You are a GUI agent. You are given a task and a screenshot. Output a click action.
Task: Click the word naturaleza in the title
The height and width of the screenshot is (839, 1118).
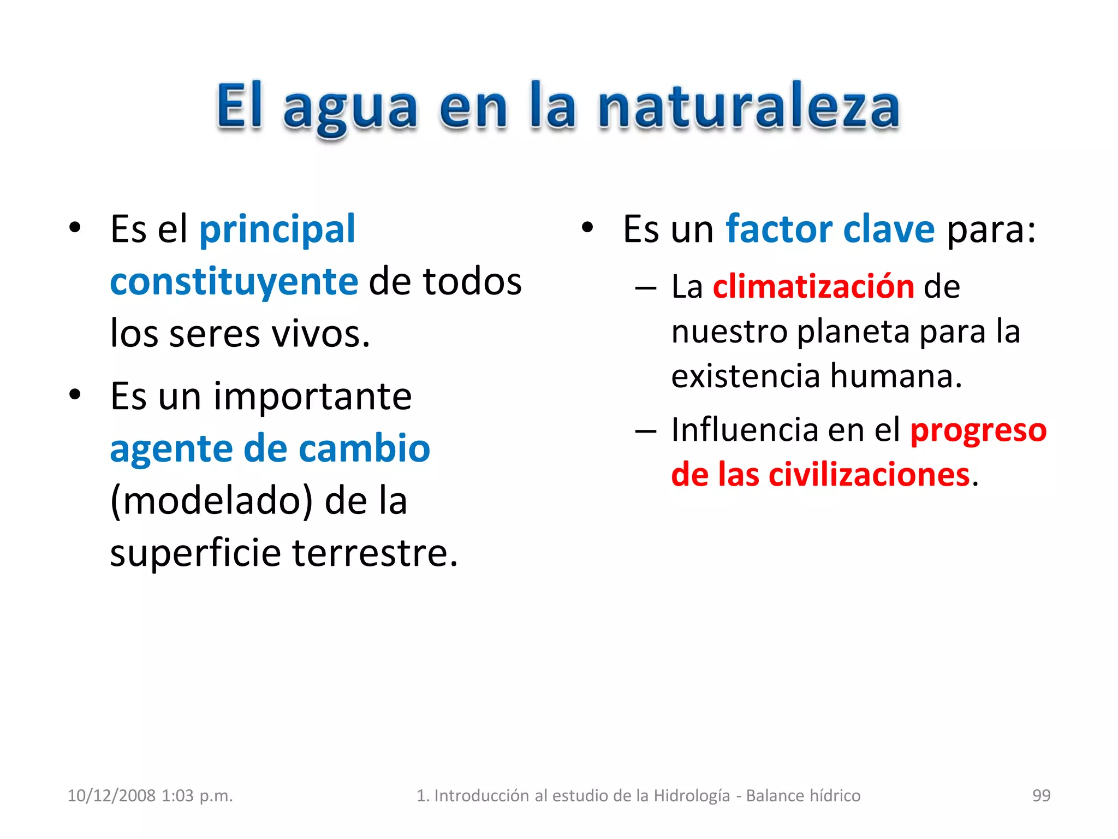coord(749,108)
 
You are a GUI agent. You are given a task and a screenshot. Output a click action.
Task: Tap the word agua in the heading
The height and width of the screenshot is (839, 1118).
coord(350,109)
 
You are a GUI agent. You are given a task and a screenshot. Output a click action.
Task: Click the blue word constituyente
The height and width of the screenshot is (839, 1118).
coord(234,282)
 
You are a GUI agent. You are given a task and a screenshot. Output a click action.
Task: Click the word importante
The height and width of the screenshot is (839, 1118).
coord(312,397)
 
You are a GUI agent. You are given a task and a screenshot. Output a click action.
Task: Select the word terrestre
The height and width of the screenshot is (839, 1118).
coord(375,553)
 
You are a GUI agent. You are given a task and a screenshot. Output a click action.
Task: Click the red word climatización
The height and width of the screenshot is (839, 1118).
coord(813,287)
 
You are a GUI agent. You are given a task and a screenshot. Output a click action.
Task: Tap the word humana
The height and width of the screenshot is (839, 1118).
coord(896,376)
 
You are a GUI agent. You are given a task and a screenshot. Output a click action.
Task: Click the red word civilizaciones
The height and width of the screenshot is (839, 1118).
coord(869,475)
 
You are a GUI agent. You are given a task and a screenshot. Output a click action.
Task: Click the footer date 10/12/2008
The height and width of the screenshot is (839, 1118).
coord(111,796)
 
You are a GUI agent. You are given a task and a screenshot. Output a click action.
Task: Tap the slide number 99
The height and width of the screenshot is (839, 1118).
coord(1041,796)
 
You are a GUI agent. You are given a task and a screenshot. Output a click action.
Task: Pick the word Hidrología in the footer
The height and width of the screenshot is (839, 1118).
coord(692,796)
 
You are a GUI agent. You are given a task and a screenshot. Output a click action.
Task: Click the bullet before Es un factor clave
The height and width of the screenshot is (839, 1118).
coord(587,228)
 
